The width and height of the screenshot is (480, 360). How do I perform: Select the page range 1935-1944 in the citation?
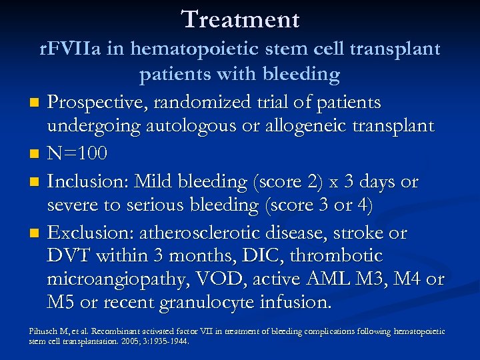169,341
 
